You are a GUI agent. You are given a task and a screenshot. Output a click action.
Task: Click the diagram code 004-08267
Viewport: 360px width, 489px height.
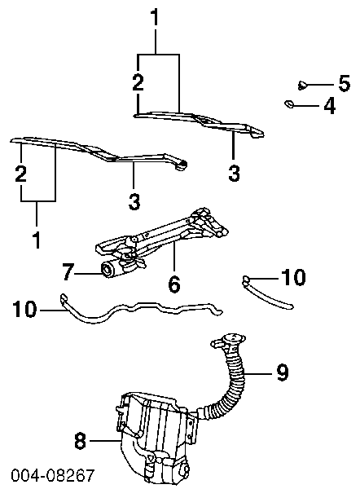tap(52, 475)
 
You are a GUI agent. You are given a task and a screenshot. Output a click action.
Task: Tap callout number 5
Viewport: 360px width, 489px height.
tap(345, 83)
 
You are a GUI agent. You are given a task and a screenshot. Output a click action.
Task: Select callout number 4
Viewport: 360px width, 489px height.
tap(329, 105)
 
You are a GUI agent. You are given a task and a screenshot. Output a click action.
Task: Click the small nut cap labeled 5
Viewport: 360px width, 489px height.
tap(301, 85)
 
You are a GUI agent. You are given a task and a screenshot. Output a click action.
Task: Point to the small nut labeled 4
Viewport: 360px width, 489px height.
tap(290, 104)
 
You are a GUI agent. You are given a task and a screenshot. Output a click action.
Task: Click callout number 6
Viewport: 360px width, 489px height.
tap(174, 284)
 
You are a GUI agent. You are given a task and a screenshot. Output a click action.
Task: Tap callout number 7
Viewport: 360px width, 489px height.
tap(68, 271)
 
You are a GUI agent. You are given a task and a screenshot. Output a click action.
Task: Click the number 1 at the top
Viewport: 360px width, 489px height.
tap(155, 17)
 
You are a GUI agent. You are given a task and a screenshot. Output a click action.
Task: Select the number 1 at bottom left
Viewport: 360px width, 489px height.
tap(37, 240)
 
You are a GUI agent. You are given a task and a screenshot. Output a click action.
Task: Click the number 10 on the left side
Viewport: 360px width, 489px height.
tap(24, 309)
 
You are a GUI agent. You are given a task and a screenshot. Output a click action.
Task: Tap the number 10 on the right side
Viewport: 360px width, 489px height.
tap(293, 277)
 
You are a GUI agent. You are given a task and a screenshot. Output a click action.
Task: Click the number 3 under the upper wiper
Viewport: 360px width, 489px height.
tap(234, 173)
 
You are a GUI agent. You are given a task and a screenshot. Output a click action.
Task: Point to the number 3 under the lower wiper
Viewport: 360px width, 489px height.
tap(134, 201)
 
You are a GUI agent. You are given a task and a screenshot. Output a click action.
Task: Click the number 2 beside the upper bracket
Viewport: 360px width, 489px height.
tap(138, 82)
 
